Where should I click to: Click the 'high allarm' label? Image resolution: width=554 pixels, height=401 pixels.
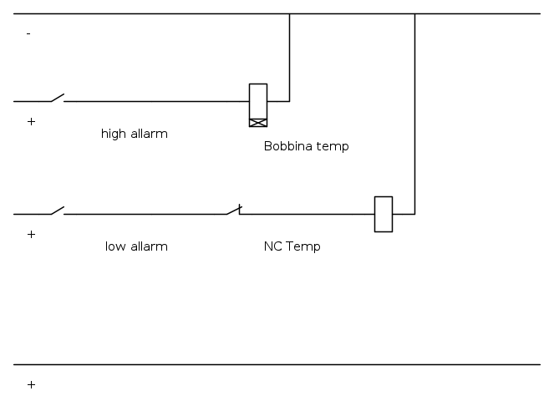(135, 134)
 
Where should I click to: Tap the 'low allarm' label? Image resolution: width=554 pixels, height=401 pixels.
(136, 246)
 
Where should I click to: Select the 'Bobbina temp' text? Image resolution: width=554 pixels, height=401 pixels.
(306, 146)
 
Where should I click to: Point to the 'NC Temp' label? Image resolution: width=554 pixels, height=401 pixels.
(292, 246)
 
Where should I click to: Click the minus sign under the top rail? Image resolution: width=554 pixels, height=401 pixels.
(28, 33)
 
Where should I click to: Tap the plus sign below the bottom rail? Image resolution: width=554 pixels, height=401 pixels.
(32, 385)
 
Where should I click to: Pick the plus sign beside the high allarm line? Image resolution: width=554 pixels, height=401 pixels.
(32, 122)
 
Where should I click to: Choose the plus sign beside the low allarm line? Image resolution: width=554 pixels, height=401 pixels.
(32, 235)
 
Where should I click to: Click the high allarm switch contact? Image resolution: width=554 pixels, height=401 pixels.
(57, 99)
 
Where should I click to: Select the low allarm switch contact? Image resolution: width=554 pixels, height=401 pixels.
(57, 211)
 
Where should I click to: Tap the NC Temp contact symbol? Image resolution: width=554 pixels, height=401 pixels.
(233, 211)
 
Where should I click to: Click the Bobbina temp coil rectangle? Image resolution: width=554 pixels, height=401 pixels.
(258, 100)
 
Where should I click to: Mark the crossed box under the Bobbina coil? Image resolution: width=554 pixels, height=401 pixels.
(258, 123)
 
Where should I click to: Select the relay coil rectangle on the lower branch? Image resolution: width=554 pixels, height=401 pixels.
(384, 214)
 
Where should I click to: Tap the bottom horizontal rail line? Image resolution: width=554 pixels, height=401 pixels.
(276, 364)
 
